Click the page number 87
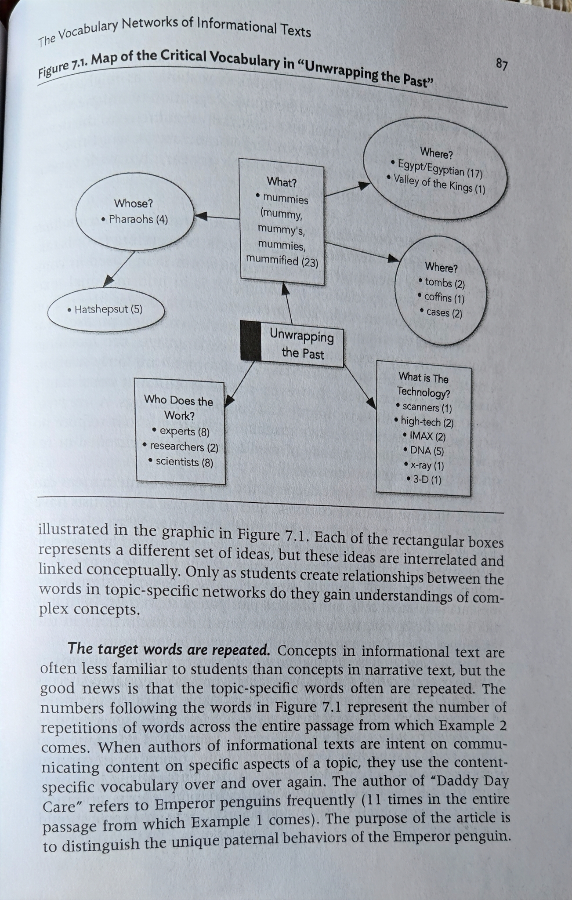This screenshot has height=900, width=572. coord(502,65)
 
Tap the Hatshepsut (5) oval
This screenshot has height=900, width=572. coord(106,309)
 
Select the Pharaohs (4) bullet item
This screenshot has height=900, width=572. coord(135,219)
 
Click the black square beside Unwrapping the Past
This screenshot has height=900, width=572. coord(251,341)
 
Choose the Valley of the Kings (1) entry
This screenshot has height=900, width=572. coord(437,184)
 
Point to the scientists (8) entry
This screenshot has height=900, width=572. coord(182,461)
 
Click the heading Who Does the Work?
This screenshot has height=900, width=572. coord(179,407)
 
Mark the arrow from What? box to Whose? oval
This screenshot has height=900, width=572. coord(217,217)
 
